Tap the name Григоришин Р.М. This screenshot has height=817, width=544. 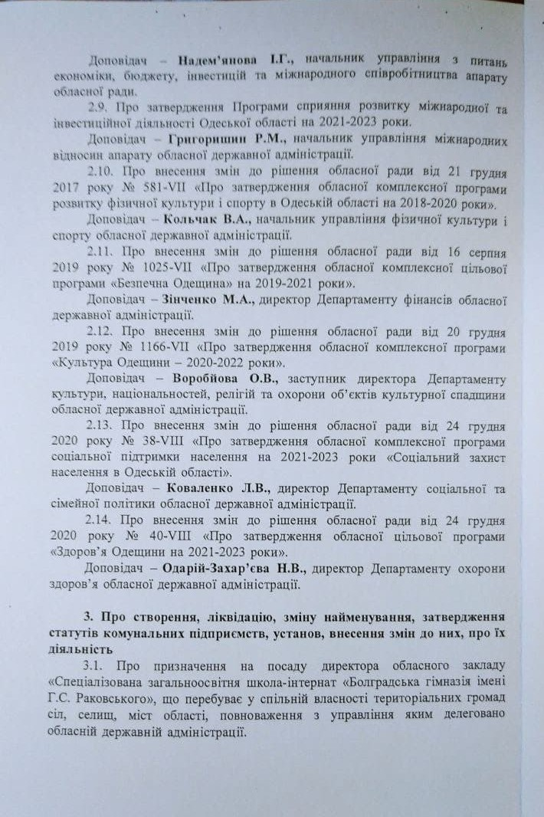pyautogui.click(x=228, y=140)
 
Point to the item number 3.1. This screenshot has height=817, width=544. pyautogui.click(x=101, y=664)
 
